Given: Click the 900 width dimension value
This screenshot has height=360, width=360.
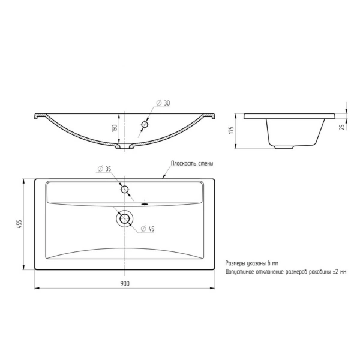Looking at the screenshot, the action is pyautogui.click(x=125, y=284).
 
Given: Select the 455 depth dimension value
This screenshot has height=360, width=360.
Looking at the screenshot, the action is pyautogui.click(x=19, y=224).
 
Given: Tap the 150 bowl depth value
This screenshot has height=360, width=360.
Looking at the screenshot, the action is pyautogui.click(x=115, y=128).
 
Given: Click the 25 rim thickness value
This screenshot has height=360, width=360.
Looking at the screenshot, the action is pyautogui.click(x=343, y=127).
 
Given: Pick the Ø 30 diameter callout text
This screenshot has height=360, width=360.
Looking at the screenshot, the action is pyautogui.click(x=163, y=103).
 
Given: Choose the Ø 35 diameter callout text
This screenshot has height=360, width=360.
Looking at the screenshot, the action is pyautogui.click(x=104, y=169).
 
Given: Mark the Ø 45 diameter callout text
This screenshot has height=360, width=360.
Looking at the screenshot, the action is pyautogui.click(x=148, y=229).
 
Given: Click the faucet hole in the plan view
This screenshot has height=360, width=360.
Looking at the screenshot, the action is pyautogui.click(x=124, y=190).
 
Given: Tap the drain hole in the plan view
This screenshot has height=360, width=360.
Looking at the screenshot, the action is pyautogui.click(x=124, y=218).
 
